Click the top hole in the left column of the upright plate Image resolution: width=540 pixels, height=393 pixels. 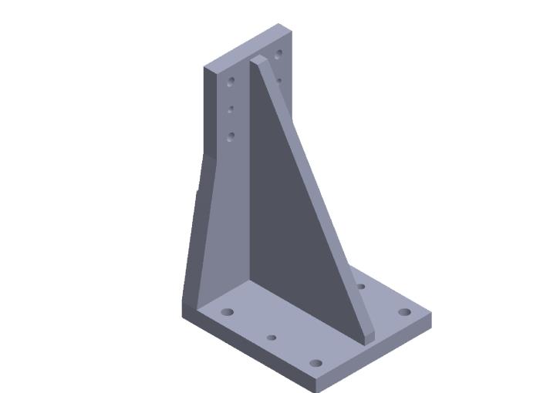[231, 81]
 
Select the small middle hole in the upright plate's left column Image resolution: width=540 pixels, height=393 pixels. [231, 110]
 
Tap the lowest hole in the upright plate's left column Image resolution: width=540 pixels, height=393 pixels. [231, 137]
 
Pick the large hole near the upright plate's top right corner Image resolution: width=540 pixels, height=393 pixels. [278, 54]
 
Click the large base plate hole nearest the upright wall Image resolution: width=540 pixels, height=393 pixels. [228, 312]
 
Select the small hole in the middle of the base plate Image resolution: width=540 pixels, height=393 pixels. [272, 337]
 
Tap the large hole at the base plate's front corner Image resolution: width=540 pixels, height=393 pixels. [315, 363]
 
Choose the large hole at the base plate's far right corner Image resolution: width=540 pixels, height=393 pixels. [404, 312]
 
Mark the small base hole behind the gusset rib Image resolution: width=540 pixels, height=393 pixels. [360, 287]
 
